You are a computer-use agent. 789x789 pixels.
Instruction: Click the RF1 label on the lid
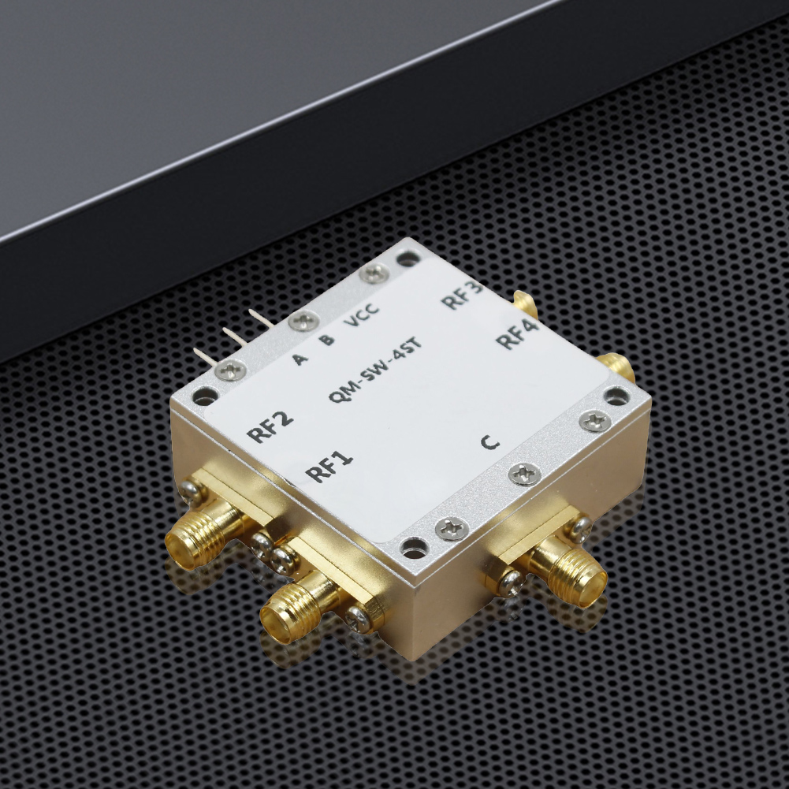pyautogui.click(x=329, y=467)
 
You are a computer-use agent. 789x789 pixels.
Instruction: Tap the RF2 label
pyautogui.click(x=270, y=426)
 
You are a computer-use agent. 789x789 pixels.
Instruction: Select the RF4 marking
pyautogui.click(x=517, y=333)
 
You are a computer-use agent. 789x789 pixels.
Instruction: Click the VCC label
pyautogui.click(x=361, y=316)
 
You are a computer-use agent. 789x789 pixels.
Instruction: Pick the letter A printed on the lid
pyautogui.click(x=300, y=359)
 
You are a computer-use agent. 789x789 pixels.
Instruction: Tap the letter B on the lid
pyautogui.click(x=326, y=340)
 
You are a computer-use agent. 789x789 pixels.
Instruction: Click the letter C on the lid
pyautogui.click(x=489, y=442)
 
